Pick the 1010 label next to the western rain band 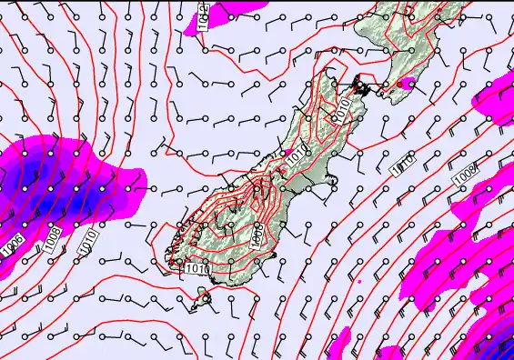tap(86, 239)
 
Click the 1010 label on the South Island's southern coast tap(197, 268)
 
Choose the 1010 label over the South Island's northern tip tap(341, 109)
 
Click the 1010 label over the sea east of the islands tap(403, 165)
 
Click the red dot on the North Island tap(398, 85)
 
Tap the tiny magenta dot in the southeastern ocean tap(360, 281)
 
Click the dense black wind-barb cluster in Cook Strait tap(362, 87)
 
